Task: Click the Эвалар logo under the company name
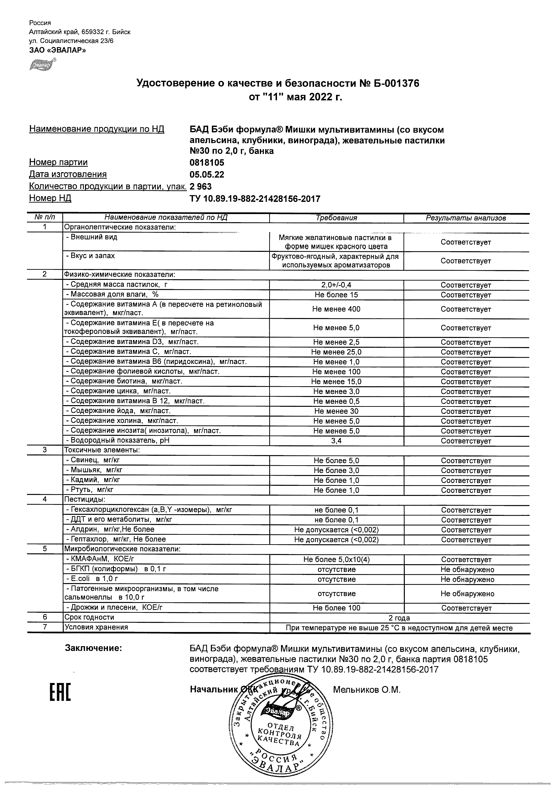click(42, 64)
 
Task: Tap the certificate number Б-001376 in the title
click(395, 84)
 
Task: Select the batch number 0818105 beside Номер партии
click(206, 162)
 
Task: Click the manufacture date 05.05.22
click(206, 175)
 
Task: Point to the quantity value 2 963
click(200, 186)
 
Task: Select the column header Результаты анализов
click(466, 218)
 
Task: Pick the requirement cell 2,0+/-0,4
click(336, 285)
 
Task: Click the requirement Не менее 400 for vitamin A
click(336, 309)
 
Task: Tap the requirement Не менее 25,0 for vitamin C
click(336, 352)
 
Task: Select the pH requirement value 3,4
click(336, 441)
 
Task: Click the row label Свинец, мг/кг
click(93, 460)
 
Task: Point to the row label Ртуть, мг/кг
click(90, 490)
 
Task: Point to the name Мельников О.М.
click(366, 689)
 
